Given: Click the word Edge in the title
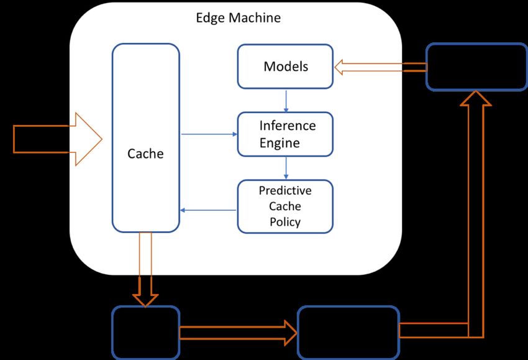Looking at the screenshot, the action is click(211, 18).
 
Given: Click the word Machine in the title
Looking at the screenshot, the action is click(255, 17).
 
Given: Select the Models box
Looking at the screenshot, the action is click(285, 67).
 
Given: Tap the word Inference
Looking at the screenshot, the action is click(288, 126).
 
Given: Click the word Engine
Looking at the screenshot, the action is click(280, 143).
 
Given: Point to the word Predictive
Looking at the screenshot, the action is click(285, 190).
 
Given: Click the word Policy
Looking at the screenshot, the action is click(285, 222).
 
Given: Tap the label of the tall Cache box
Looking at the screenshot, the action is click(145, 154).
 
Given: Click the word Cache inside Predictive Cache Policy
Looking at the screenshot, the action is click(285, 206).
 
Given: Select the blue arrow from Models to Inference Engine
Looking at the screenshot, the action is click(286, 101).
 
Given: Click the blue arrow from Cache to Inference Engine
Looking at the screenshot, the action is click(209, 134).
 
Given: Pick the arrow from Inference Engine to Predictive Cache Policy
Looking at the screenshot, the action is click(286, 168).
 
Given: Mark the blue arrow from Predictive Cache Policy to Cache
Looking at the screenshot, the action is click(207, 210).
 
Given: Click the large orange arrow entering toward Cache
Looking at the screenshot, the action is click(57, 139).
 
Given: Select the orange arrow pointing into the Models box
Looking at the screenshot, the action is click(381, 67).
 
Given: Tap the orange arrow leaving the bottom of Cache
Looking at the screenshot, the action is click(145, 270).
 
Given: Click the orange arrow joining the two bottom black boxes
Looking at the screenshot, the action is click(238, 333).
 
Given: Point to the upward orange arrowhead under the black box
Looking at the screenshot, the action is click(476, 98).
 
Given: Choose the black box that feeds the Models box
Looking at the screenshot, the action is click(476, 67).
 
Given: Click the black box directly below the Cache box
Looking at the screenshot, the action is click(145, 333).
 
